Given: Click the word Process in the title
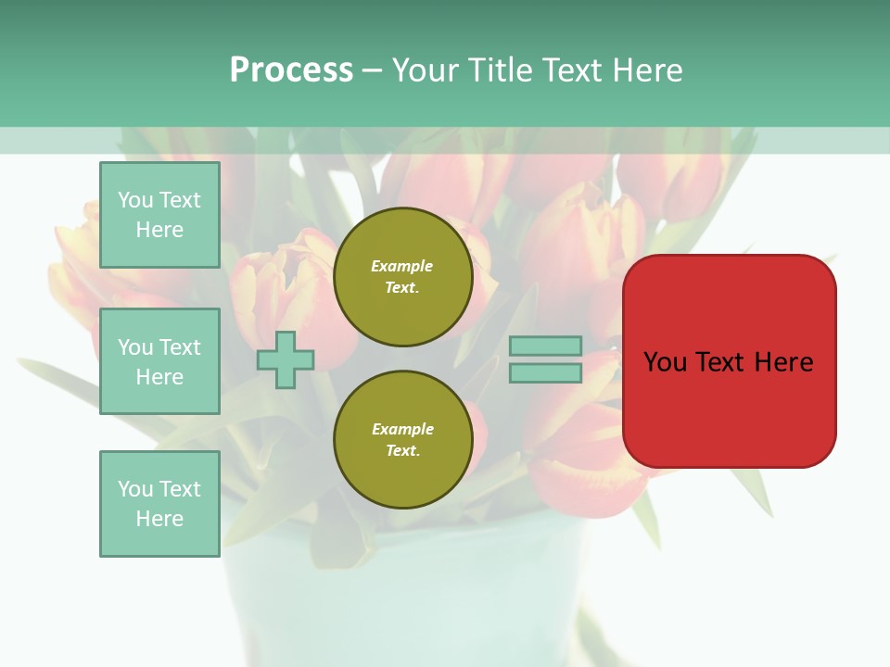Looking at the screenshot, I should (x=291, y=70).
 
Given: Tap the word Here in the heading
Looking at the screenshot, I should (x=645, y=70).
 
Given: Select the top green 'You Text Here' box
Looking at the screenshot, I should (x=159, y=215).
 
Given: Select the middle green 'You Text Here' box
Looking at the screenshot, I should (x=159, y=361).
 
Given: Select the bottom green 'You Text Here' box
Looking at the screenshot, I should (x=159, y=504).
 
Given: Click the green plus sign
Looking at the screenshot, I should (x=286, y=359).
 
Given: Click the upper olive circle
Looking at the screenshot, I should (x=402, y=277).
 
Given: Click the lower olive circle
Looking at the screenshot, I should (x=402, y=440).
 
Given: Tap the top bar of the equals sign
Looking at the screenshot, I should (x=545, y=346).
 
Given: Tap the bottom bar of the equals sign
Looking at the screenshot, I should (x=545, y=372).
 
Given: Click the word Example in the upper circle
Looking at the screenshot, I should (x=402, y=266).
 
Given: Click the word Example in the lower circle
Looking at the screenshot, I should (x=402, y=429).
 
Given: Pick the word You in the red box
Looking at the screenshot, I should (x=666, y=362).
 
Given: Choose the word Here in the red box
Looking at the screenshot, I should (x=783, y=362).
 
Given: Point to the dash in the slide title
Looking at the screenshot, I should (x=372, y=70).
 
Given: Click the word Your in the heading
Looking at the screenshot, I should (x=426, y=70).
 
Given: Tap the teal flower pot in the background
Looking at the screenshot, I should (x=408, y=593).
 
